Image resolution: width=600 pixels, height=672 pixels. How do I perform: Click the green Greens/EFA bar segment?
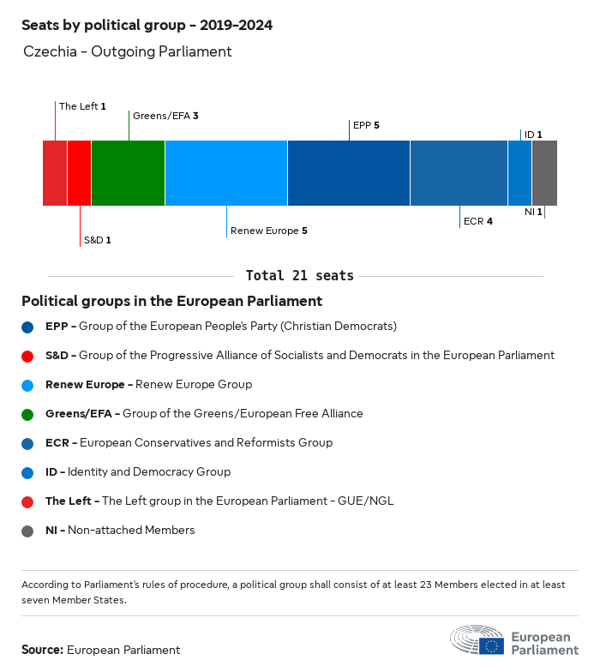[128, 173]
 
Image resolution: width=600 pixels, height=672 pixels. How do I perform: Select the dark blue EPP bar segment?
[349, 173]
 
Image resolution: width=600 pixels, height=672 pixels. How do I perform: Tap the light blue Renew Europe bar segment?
[226, 173]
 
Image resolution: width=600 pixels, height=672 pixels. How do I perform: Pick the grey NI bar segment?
[544, 173]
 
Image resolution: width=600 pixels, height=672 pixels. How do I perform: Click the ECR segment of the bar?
[459, 173]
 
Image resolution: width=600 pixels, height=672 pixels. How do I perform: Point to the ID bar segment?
[519, 173]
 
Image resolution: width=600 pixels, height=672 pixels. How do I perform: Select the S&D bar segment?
[79, 173]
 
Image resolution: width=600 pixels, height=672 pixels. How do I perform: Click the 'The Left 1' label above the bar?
[82, 106]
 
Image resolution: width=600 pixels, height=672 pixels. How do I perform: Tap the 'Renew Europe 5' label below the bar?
[268, 231]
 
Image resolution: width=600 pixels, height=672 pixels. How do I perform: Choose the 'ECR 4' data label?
[477, 221]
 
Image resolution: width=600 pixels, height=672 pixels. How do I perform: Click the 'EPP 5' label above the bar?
[366, 125]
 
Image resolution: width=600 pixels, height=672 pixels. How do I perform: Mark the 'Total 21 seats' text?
[299, 276]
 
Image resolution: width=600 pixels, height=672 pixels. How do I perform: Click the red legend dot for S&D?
[27, 356]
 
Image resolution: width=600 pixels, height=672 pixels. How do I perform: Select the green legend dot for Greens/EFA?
[27, 414]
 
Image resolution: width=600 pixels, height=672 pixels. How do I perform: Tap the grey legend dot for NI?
[27, 531]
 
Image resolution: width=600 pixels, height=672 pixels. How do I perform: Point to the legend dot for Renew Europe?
[27, 385]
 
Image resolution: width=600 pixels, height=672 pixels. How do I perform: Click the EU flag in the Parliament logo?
[491, 645]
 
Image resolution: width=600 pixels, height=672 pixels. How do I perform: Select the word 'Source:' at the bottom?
[42, 650]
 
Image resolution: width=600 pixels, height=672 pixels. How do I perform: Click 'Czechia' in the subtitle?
[47, 51]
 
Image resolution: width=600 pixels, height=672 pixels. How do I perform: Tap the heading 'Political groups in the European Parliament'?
[171, 302]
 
